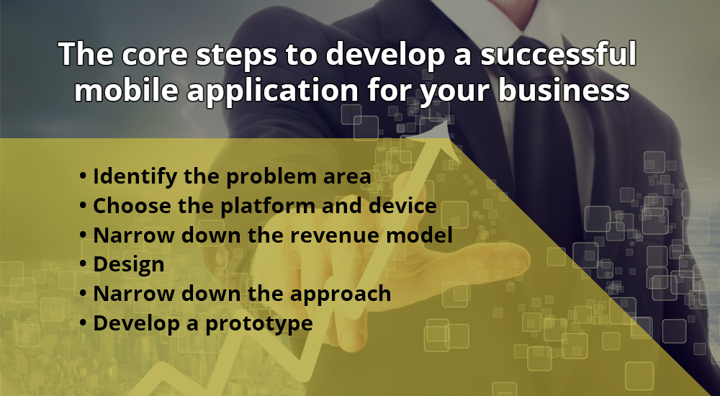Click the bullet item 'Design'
click(x=128, y=264)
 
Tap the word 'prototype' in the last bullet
click(x=259, y=323)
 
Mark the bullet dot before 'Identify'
click(x=84, y=177)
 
